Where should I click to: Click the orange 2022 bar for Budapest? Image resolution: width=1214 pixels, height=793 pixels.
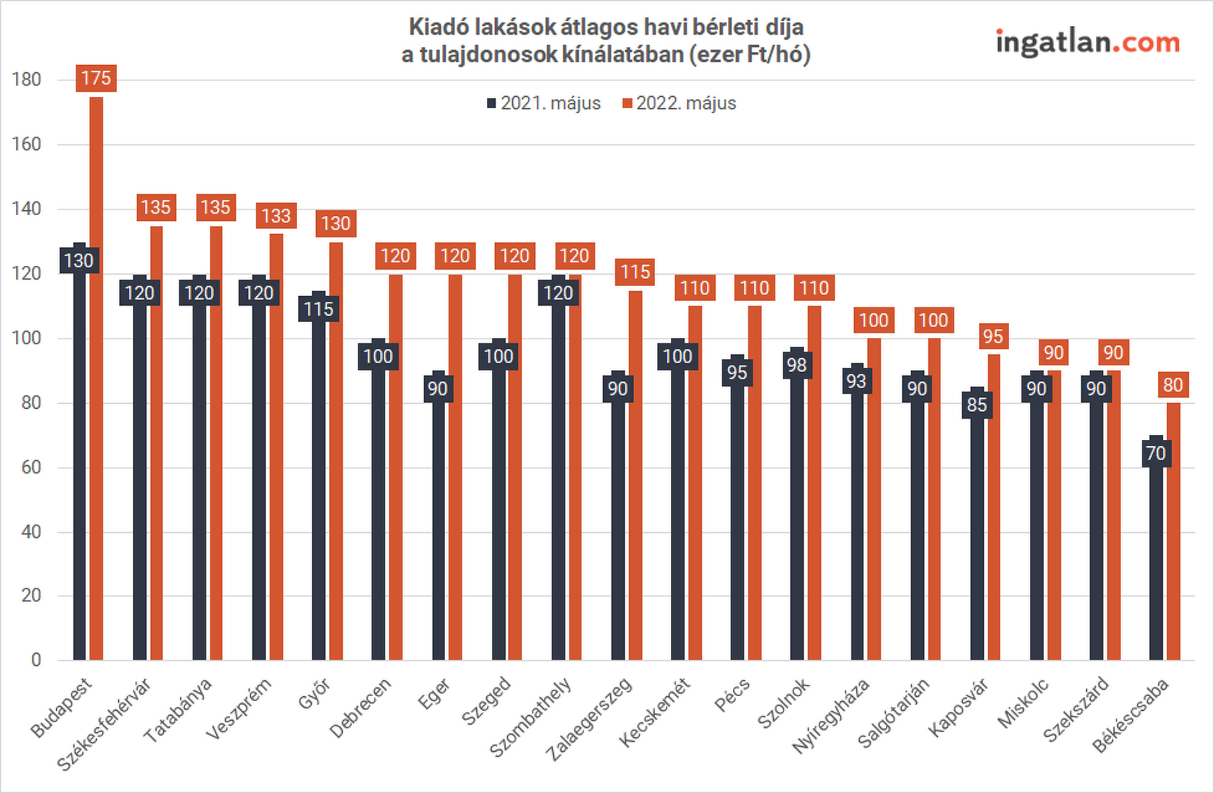tap(96, 378)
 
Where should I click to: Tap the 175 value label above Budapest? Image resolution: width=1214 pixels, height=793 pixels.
tap(96, 78)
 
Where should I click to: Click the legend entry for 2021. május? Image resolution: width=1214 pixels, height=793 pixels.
tap(544, 103)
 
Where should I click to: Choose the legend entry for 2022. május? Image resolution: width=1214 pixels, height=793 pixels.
tap(680, 103)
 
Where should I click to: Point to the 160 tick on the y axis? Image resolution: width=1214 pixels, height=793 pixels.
tap(26, 144)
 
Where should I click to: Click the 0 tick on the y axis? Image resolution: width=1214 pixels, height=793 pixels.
tap(36, 659)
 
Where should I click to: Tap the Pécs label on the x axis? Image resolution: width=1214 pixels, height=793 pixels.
tap(732, 694)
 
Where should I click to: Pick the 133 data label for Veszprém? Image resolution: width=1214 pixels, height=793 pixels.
tap(276, 216)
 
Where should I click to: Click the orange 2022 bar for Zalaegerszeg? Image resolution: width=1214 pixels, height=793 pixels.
tap(635, 475)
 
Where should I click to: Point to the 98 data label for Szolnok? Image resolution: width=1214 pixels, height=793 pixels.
tap(797, 365)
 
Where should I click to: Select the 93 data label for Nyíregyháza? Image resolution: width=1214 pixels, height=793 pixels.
tap(857, 381)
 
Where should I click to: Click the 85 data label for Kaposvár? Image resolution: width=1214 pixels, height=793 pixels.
tap(977, 405)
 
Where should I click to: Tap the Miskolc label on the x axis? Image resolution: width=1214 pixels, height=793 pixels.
tap(1023, 702)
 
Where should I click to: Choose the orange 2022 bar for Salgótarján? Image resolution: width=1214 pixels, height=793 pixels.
tap(934, 499)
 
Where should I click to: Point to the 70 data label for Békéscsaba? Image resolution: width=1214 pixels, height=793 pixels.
tap(1156, 454)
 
